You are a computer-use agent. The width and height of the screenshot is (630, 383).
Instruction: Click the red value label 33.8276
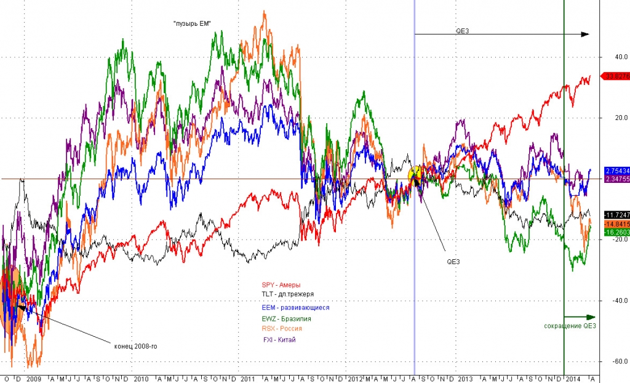click(x=617, y=76)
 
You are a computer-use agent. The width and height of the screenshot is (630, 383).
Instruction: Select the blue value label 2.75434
click(x=617, y=171)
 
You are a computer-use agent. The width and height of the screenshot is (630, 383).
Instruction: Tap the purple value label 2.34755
click(x=617, y=179)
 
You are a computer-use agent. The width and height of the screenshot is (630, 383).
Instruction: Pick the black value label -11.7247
click(x=617, y=216)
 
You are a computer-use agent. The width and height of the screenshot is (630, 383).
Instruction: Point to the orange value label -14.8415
click(x=617, y=224)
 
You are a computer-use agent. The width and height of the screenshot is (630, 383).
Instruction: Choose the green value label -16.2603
click(x=617, y=232)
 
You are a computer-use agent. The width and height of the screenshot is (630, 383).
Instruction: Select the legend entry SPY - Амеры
click(x=281, y=285)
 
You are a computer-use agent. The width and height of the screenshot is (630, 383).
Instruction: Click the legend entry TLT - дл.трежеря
click(x=284, y=294)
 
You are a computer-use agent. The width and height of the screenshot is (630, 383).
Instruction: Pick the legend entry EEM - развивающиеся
click(x=299, y=307)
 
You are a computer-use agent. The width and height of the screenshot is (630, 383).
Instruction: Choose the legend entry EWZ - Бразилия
click(x=286, y=319)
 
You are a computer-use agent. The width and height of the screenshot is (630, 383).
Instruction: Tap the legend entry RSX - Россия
click(x=282, y=329)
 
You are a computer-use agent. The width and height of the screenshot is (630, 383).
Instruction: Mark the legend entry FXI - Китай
click(x=279, y=339)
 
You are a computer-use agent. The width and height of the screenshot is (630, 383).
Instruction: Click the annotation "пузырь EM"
click(x=193, y=23)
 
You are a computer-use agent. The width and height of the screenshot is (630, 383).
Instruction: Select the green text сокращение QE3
click(x=571, y=326)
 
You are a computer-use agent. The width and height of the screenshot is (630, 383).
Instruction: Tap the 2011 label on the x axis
click(x=247, y=378)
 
